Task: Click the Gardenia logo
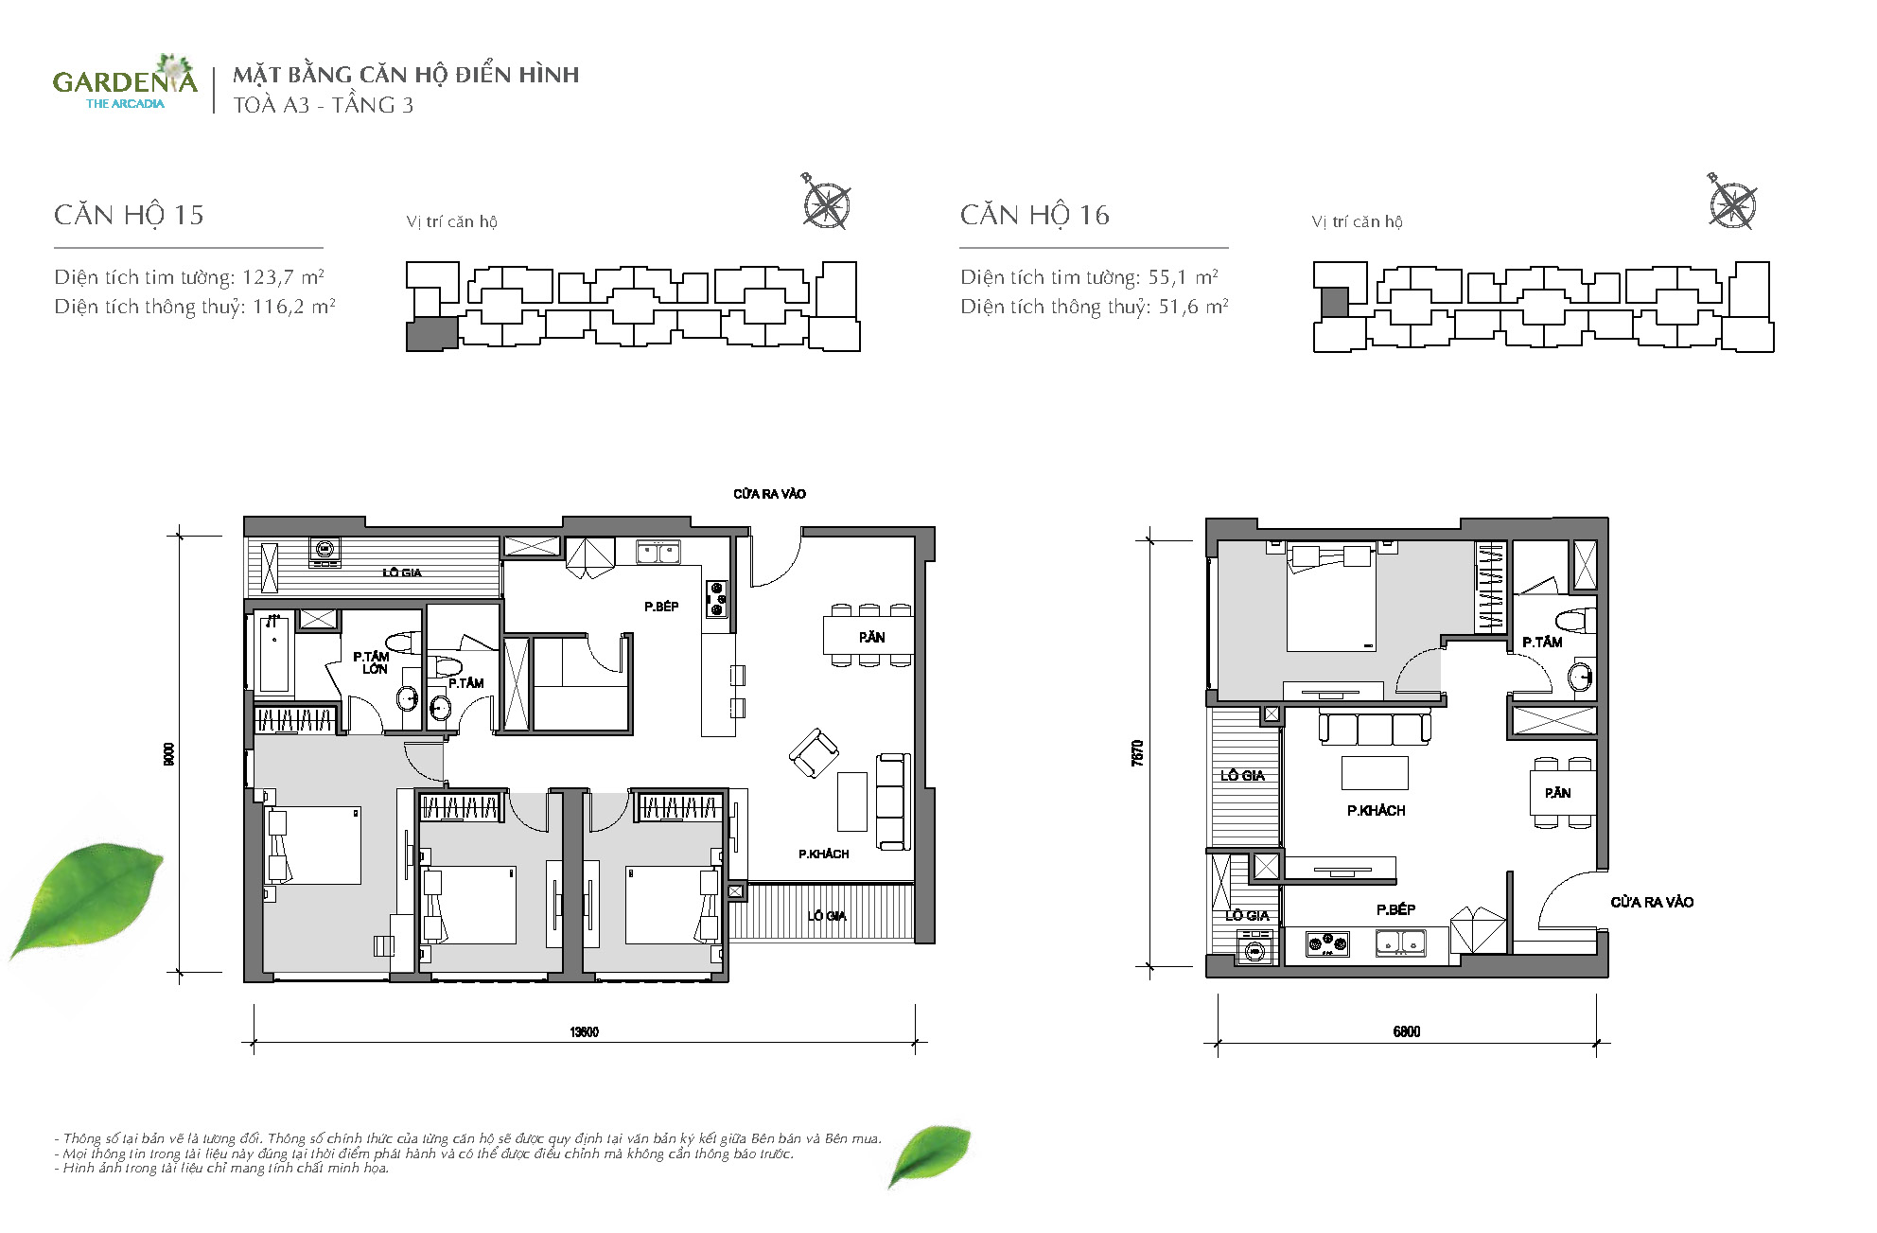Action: pyautogui.click(x=125, y=82)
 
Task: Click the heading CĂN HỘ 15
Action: pyautogui.click(x=129, y=215)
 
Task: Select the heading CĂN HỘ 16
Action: pyautogui.click(x=1035, y=215)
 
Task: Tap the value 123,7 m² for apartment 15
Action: pyautogui.click(x=283, y=277)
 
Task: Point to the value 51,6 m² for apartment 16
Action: pyautogui.click(x=1193, y=307)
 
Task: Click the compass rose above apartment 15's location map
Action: pyautogui.click(x=826, y=202)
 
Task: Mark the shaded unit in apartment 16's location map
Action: pyautogui.click(x=1334, y=303)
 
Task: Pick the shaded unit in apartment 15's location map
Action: pyautogui.click(x=431, y=334)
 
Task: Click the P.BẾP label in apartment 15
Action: pyautogui.click(x=661, y=607)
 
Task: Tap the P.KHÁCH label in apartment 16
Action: pyautogui.click(x=1377, y=811)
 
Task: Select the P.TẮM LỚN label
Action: pyautogui.click(x=371, y=662)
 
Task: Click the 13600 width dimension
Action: pyautogui.click(x=584, y=1031)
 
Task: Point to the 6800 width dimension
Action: pyautogui.click(x=1407, y=1031)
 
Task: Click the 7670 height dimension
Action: pyautogui.click(x=1137, y=752)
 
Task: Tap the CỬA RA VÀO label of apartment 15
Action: pyautogui.click(x=769, y=494)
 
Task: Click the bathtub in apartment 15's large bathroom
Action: pyautogui.click(x=274, y=652)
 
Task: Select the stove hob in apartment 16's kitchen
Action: pyautogui.click(x=1327, y=942)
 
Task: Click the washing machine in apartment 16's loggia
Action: pyautogui.click(x=1255, y=948)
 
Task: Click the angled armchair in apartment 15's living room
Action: pyautogui.click(x=814, y=753)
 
